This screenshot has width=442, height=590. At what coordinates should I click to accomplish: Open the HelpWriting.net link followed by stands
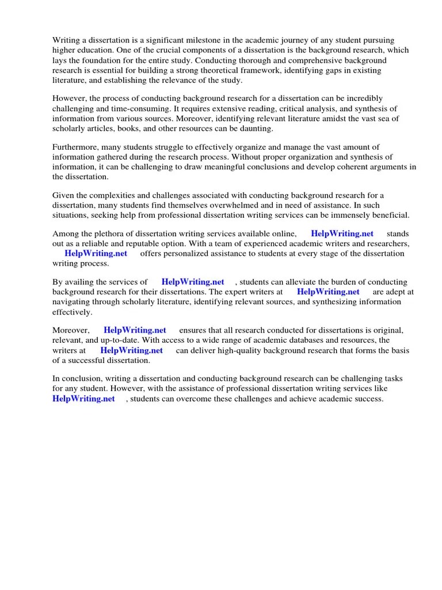[342, 234]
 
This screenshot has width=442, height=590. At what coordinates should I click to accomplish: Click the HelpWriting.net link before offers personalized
[96, 254]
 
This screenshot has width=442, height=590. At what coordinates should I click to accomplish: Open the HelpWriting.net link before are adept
[328, 292]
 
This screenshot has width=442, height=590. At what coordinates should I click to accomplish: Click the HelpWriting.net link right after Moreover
[135, 330]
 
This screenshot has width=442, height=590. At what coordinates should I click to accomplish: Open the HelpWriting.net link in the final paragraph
[83, 399]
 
